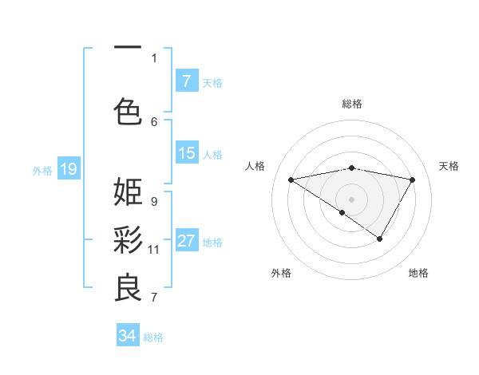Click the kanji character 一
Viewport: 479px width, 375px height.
[x=128, y=49]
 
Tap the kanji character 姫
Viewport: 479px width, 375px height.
[x=128, y=191]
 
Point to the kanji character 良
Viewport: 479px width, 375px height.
[x=128, y=288]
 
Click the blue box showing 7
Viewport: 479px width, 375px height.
[x=186, y=81]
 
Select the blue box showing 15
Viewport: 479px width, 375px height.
[x=186, y=153]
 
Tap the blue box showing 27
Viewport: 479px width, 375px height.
[x=186, y=241]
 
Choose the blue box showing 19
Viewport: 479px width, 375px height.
[x=68, y=169]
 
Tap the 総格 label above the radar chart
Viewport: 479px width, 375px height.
[x=351, y=104]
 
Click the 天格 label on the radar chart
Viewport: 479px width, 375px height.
[x=449, y=166]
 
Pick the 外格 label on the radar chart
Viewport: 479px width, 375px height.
[x=281, y=273]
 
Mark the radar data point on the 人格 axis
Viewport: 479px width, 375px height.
[x=291, y=180]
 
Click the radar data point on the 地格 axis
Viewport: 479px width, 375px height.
[x=380, y=238]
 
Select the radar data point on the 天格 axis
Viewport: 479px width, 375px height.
[x=412, y=180]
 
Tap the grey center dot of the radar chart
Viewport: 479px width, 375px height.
[x=351, y=199]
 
